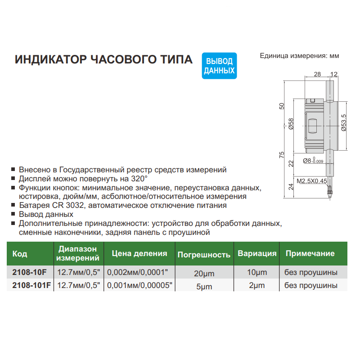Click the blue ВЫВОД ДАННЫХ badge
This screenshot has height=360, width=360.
[x=219, y=66]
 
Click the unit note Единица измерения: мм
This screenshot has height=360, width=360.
[x=299, y=56]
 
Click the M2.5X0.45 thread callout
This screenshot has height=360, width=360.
[x=311, y=181]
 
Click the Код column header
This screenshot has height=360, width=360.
[x=20, y=254]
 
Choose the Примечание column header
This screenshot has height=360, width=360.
[x=310, y=254]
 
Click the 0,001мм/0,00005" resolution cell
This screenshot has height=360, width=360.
[x=139, y=285]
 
